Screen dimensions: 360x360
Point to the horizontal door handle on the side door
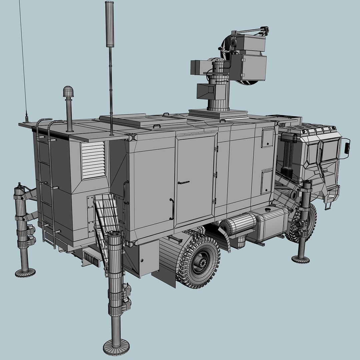pos(183,182)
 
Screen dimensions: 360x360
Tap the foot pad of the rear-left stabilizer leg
pos(25,273)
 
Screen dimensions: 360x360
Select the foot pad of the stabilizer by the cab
pos(301,259)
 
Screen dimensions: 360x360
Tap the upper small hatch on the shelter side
pos(267,137)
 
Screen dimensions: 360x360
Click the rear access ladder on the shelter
pos(46,187)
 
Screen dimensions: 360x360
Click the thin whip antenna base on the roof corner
pos(26,118)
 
